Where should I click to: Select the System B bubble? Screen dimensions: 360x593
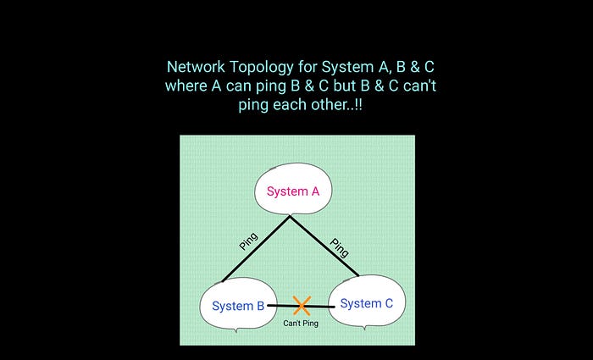tap(237, 306)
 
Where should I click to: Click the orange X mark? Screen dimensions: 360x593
tap(302, 305)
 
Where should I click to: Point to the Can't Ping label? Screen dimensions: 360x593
tap(301, 324)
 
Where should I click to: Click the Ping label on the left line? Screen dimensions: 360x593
tap(248, 241)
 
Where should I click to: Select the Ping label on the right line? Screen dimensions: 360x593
tap(339, 246)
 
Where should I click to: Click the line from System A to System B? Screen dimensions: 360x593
tap(255, 248)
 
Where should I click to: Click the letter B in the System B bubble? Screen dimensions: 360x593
tap(260, 306)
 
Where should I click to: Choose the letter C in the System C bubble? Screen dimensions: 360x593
tap(387, 303)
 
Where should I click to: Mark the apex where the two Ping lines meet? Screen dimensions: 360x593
tap(290, 216)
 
